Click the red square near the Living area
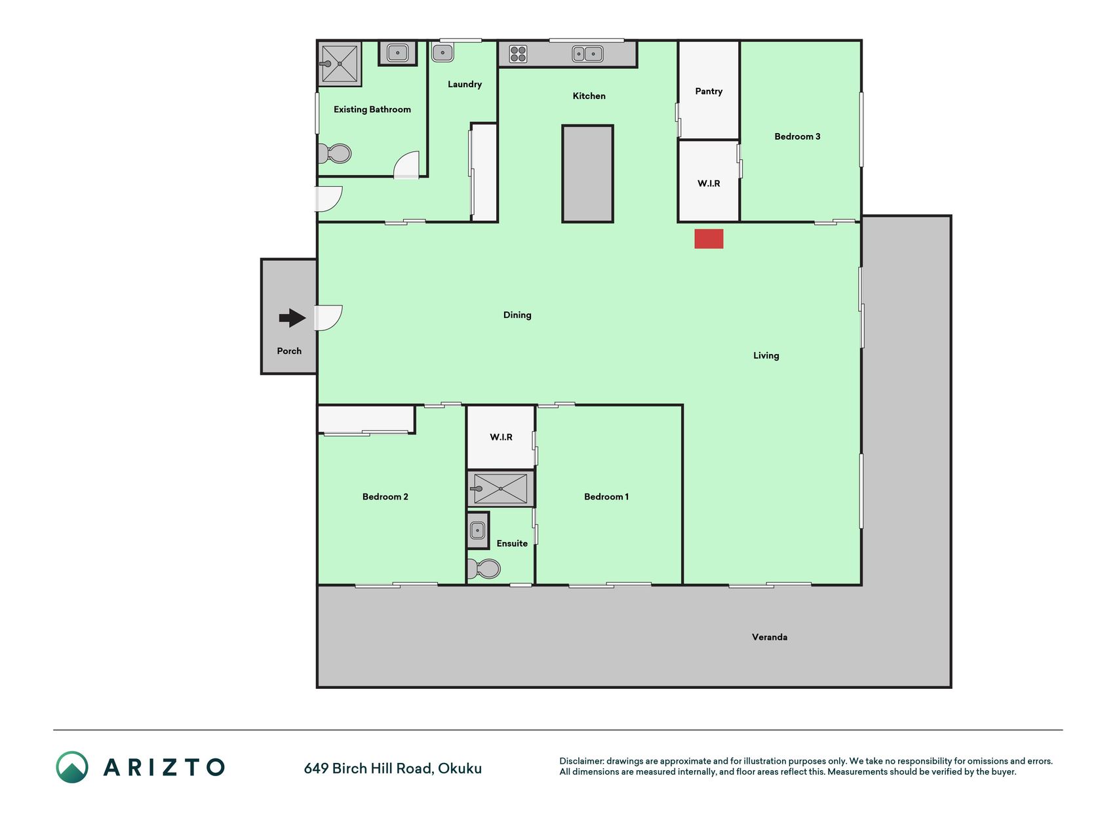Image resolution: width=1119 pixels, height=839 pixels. click(x=709, y=239)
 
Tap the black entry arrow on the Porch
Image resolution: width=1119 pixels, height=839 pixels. click(x=292, y=319)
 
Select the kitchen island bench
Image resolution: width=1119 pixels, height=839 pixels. click(x=587, y=174)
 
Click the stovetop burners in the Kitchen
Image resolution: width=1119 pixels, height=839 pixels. click(x=518, y=54)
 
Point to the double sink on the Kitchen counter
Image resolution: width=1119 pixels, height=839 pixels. click(x=587, y=54)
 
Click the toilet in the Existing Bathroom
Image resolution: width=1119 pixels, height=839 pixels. click(x=334, y=154)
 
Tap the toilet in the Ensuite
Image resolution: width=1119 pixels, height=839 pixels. click(x=484, y=569)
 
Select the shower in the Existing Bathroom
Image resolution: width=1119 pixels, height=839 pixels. click(x=340, y=64)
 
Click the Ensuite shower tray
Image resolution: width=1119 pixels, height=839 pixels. click(x=501, y=488)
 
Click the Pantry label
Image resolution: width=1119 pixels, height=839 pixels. click(x=709, y=91)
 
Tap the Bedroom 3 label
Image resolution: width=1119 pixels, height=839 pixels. click(x=797, y=136)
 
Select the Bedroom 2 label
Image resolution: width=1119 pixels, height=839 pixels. click(x=385, y=497)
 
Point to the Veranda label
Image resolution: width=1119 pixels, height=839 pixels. click(x=770, y=637)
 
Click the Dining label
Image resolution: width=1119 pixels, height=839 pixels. click(x=517, y=315)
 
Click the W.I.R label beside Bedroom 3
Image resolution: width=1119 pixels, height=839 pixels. click(x=709, y=184)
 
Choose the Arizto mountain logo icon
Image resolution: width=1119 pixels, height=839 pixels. click(x=72, y=767)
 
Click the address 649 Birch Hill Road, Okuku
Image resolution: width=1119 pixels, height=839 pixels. click(x=393, y=768)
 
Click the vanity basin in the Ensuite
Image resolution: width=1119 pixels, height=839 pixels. click(x=478, y=530)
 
